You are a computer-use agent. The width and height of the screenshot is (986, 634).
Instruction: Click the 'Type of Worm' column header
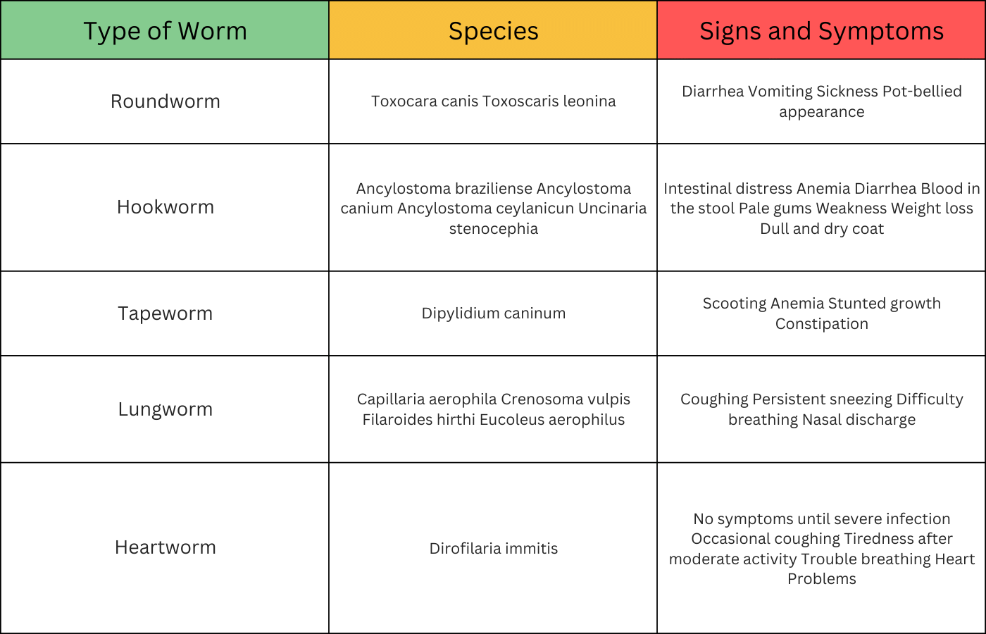[165, 31]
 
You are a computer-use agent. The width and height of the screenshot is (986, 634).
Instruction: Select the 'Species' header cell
[493, 31]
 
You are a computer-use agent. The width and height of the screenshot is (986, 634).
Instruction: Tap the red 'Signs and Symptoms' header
[821, 31]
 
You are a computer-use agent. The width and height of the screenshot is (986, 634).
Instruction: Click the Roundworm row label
[165, 101]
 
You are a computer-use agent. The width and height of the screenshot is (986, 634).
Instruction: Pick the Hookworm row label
[165, 207]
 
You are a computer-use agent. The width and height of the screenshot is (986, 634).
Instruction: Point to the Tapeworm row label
[165, 313]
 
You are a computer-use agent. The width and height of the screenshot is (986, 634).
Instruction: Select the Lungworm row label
[165, 409]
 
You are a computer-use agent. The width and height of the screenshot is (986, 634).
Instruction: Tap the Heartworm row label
[165, 547]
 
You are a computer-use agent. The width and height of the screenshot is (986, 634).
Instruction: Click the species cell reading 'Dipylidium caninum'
[493, 313]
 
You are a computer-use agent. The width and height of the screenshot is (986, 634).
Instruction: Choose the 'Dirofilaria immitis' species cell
[493, 549]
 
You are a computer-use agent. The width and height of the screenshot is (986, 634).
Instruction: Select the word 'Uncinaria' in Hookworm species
[612, 209]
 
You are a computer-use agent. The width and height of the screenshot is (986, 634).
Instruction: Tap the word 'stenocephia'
[493, 229]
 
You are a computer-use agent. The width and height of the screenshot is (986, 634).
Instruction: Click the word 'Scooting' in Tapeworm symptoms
[734, 304]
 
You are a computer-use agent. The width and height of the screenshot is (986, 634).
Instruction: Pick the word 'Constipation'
[821, 324]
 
